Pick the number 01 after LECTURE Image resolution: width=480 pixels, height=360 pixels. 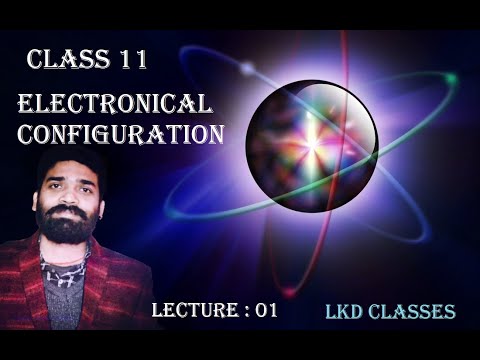coord(263,310)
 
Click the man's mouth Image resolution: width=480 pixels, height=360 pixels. coord(69,213)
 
